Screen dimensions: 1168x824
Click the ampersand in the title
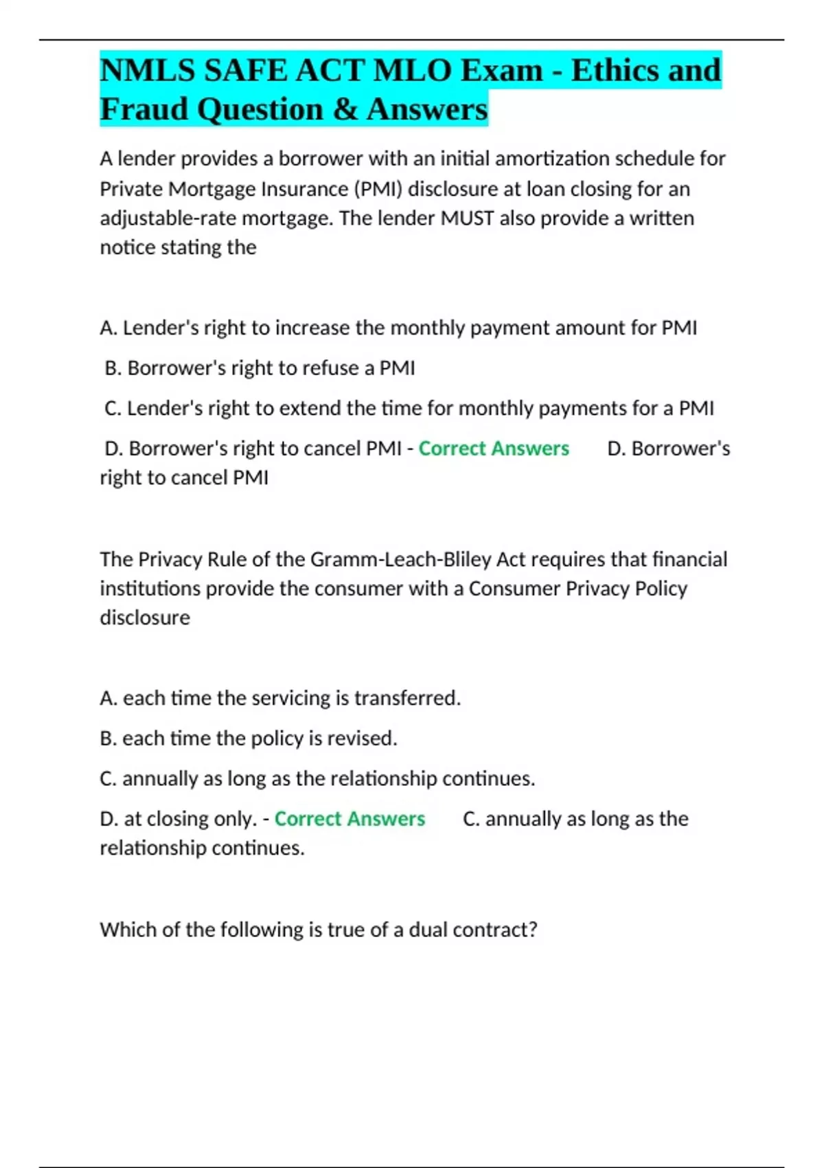345,110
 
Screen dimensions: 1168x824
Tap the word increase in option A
312,328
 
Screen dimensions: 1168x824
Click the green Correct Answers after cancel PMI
494,449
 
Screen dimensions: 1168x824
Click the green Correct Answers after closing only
350,819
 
